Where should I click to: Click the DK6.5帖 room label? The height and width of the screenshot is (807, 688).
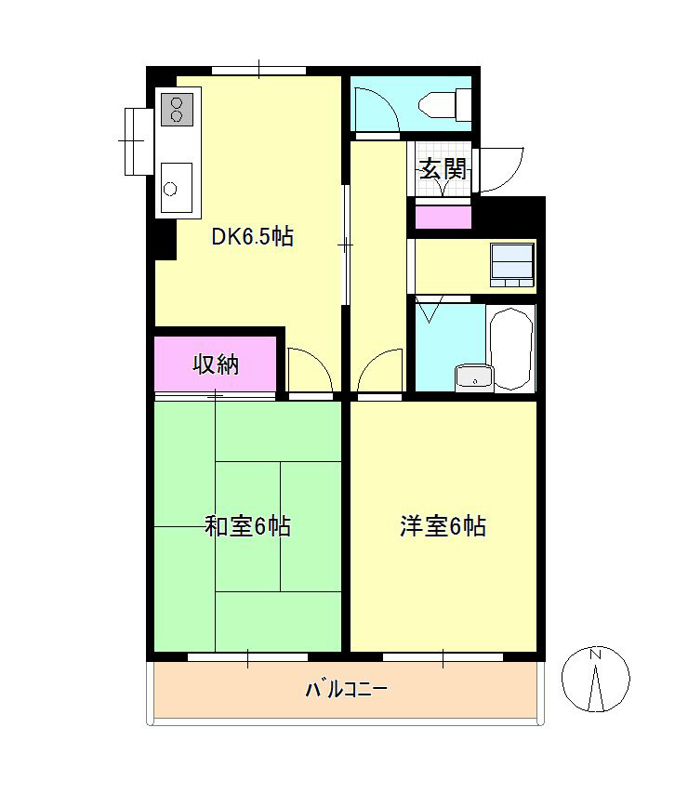252,237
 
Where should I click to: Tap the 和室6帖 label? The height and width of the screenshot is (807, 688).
247,527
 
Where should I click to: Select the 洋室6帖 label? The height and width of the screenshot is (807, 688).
443,526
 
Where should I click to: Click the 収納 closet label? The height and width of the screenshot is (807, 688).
216,364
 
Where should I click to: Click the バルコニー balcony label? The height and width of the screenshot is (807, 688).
346,690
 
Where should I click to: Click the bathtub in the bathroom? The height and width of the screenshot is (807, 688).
511,349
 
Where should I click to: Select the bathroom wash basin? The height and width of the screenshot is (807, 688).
472,377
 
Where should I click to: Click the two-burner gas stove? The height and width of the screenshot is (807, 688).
178,109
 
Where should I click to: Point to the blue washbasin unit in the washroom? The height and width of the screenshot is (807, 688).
512,263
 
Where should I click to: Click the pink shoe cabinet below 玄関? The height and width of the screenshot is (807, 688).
443,217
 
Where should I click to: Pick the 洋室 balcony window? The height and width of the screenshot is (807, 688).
443,657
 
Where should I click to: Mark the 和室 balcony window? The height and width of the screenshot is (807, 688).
247,657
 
